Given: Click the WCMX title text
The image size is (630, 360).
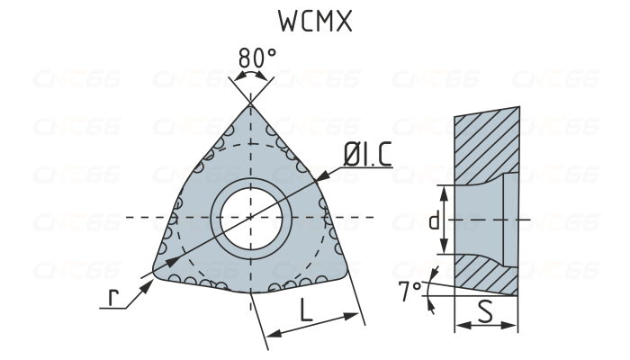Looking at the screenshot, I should click(314, 22).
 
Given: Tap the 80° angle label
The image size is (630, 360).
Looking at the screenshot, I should click(257, 58).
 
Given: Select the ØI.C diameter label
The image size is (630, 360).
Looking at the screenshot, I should click(366, 155).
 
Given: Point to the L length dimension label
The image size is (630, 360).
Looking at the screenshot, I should click(306, 311).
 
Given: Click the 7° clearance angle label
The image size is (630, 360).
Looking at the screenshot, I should click(409, 290).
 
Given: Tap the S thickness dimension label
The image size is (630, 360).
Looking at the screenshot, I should click(486, 311).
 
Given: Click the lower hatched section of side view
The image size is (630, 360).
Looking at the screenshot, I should click(486, 274).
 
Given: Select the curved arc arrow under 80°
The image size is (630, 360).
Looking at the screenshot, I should click(251, 79).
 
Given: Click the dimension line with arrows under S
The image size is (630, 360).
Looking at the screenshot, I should click(486, 327).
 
